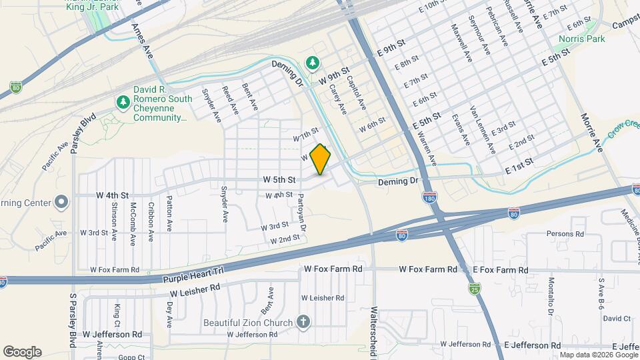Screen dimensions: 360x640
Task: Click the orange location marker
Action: click(321, 159)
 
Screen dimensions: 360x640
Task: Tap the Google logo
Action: click(22, 352)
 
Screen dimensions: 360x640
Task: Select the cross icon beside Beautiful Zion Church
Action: click(303, 323)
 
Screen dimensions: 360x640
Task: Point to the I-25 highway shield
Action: click(474, 289)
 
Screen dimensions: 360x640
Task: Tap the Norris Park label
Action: click(582, 39)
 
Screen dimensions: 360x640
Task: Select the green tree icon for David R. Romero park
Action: click(123, 102)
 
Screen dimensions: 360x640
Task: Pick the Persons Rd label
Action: click(565, 234)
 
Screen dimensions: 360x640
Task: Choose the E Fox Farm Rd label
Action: click(500, 270)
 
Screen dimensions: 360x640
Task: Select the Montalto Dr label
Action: click(551, 296)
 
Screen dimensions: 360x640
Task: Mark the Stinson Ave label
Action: click(115, 221)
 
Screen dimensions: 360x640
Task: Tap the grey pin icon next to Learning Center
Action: click(61, 201)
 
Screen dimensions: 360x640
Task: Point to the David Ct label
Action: click(612, 319)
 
